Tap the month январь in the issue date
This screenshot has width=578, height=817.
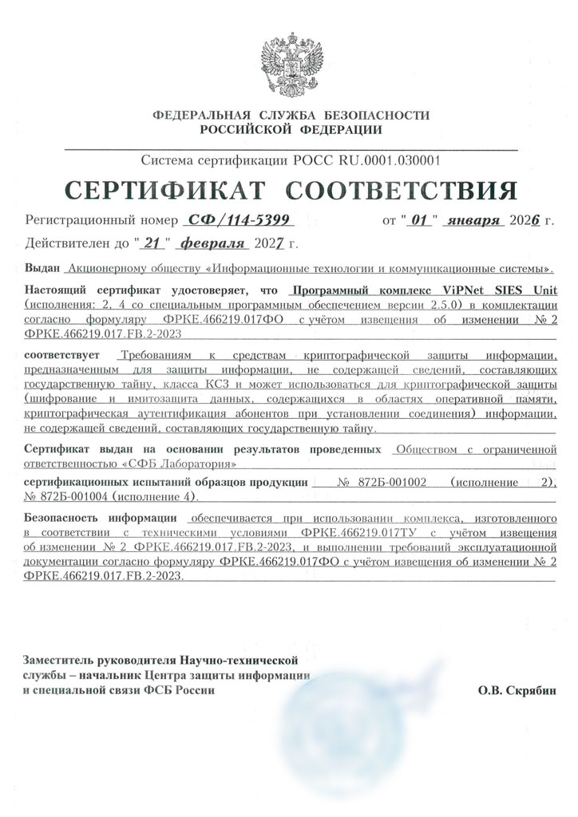coord(474,219)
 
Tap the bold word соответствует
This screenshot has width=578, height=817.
coord(64,354)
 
